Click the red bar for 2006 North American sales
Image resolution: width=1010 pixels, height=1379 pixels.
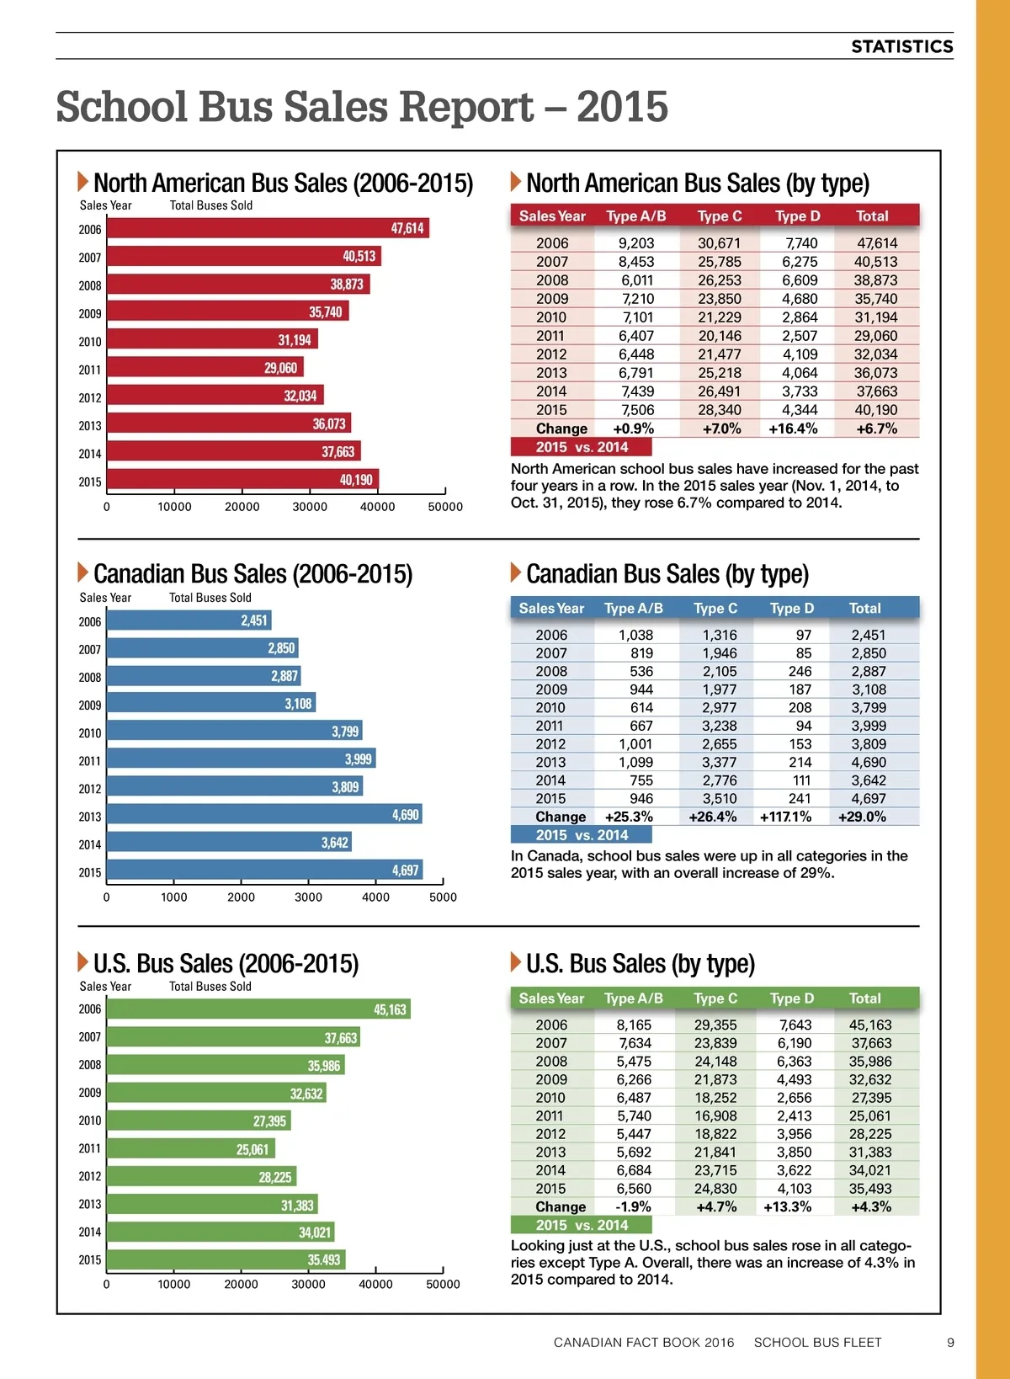268,228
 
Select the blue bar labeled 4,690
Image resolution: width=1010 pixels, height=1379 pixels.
263,814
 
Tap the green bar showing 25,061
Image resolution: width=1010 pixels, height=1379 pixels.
191,1148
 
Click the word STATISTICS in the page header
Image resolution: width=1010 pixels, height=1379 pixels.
901,46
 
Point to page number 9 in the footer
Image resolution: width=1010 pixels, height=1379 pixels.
950,1342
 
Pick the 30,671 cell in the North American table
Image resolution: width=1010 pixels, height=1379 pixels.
719,243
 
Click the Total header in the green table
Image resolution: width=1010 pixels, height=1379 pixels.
864,998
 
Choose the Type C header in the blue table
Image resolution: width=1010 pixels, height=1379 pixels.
715,608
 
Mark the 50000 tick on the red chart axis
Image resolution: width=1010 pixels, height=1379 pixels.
445,507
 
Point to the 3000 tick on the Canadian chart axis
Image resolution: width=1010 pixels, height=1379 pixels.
308,897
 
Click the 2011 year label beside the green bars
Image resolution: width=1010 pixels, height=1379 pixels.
90,1148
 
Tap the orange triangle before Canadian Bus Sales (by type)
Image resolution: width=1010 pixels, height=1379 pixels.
516,572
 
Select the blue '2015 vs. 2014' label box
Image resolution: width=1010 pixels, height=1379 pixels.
581,835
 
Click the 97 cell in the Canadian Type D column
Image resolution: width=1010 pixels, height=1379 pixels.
803,635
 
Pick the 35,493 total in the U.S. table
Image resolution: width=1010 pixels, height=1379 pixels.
870,1189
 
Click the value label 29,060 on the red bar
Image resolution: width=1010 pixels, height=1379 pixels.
280,368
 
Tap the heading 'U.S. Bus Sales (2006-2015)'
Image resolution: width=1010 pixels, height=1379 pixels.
226,963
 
